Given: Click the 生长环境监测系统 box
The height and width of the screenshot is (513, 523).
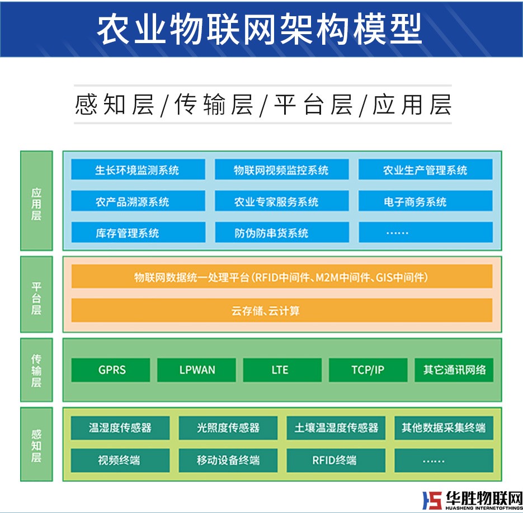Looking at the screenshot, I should (x=137, y=170).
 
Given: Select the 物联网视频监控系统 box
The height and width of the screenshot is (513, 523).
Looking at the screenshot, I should (x=281, y=170).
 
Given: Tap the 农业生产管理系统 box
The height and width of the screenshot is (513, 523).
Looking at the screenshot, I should (x=425, y=170).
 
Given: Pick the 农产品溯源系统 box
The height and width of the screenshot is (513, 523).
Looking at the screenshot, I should (x=137, y=201).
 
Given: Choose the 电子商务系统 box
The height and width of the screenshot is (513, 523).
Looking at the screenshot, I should (x=425, y=201).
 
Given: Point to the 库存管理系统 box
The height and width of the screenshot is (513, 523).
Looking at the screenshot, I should (x=137, y=233).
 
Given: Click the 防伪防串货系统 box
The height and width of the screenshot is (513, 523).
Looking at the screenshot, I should (x=281, y=233).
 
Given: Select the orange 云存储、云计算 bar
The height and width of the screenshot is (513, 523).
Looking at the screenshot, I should (x=281, y=310).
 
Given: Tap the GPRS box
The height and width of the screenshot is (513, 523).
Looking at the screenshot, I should (x=111, y=370).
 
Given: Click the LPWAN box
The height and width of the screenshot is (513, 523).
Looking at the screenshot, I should (x=196, y=370).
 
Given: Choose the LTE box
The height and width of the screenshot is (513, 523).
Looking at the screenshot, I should (x=282, y=370).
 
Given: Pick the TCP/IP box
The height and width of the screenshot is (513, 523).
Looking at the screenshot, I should (x=367, y=370).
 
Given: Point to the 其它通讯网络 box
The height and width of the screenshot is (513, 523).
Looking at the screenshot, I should (x=454, y=370).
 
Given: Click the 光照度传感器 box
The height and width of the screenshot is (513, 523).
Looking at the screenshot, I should (x=228, y=429).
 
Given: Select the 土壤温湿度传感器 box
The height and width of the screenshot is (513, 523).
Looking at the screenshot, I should (x=336, y=429).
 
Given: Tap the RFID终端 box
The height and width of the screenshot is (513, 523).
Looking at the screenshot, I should (x=336, y=460).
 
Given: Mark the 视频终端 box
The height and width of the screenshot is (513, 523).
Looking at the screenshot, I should (x=120, y=460).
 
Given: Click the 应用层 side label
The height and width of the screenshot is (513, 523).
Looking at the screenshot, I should (x=36, y=200).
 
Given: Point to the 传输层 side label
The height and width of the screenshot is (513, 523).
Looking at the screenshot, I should (x=36, y=370).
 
